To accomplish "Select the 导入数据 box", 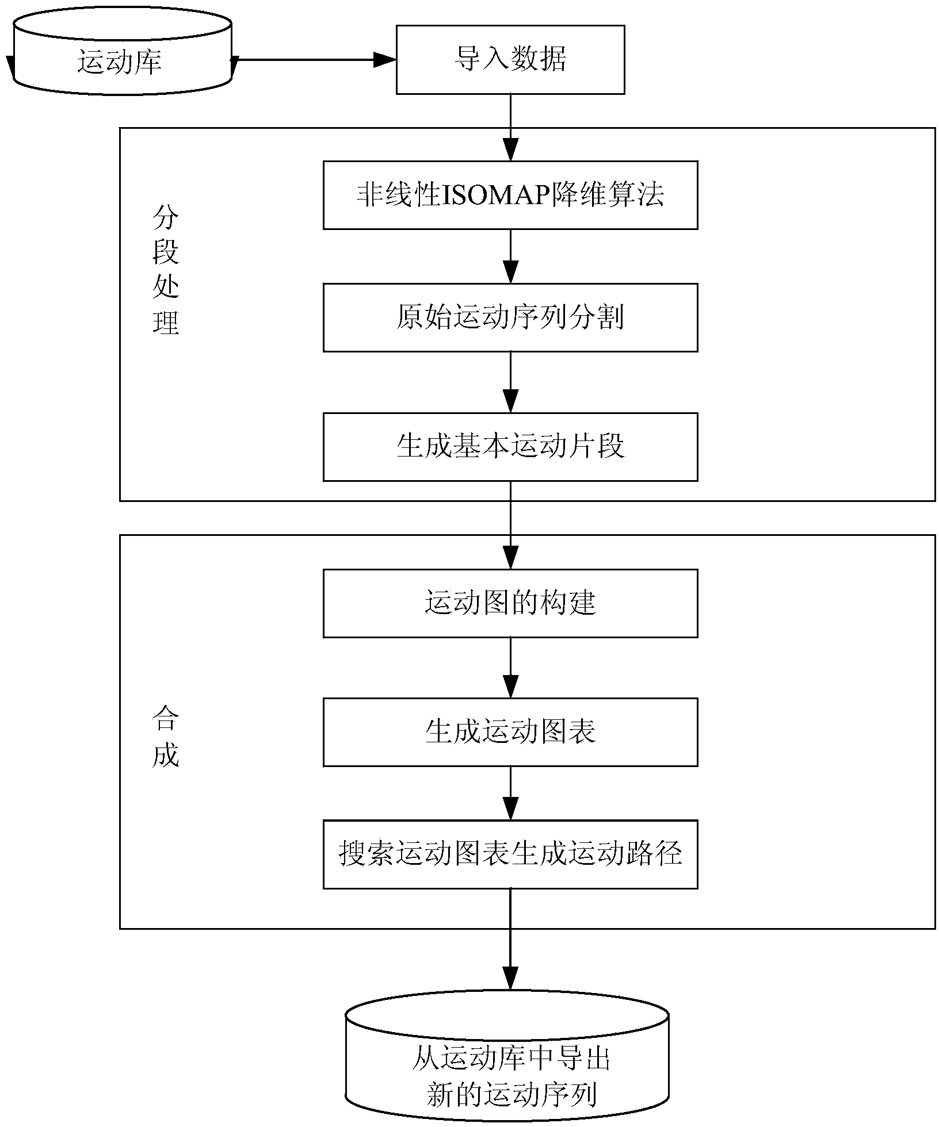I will tap(510, 59).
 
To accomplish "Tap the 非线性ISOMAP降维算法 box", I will tap(510, 195).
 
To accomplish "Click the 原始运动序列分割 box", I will tap(510, 317).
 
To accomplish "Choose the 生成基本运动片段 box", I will tap(510, 446).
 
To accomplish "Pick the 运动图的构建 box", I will tap(510, 603).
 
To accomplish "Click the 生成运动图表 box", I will tap(510, 732).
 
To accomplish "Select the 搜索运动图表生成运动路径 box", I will tap(510, 854).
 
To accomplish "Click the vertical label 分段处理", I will tap(166, 270).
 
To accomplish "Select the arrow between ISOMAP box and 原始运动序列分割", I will tap(510, 256).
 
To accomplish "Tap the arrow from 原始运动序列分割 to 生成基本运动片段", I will tap(510, 382).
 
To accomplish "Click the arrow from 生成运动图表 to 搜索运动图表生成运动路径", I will tap(510, 793).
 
